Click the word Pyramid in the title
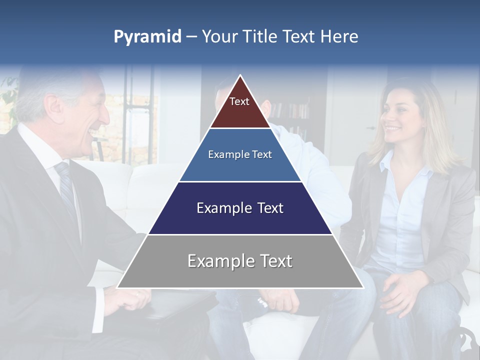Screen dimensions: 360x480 (147, 37)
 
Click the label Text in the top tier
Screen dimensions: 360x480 (239, 101)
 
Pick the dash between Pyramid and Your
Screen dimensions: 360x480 (191, 37)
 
